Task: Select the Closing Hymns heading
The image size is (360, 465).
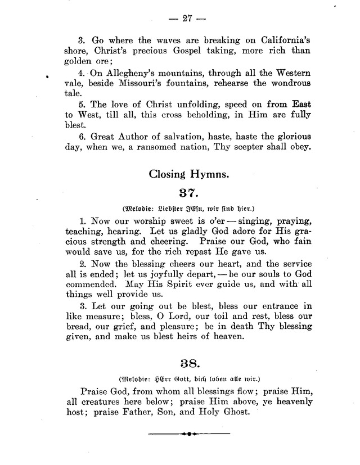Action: pos(189,174)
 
